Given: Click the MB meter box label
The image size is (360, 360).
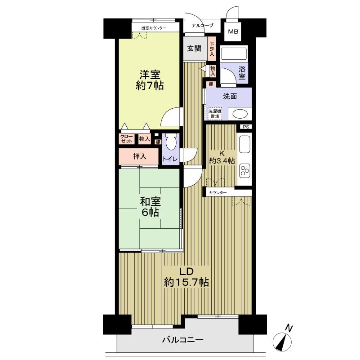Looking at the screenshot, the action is click(233, 31).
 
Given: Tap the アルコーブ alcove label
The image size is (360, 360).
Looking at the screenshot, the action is click(202, 26).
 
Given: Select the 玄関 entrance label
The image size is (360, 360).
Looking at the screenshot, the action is click(194, 49).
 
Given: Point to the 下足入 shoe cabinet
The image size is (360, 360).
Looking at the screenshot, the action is click(212, 49).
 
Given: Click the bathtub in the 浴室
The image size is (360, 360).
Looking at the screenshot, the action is click(234, 54).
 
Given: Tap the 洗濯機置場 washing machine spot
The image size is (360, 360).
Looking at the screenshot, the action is click(215, 114).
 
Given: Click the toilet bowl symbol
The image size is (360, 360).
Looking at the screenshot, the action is click(171, 142).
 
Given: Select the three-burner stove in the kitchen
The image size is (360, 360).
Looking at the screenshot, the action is click(244, 171).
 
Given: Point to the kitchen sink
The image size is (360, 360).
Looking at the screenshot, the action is click(244, 144).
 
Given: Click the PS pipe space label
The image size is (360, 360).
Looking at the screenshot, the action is click(246, 127).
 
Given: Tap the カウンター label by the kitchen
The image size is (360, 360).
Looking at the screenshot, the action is click(218, 193).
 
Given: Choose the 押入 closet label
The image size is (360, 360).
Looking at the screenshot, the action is click(140, 156).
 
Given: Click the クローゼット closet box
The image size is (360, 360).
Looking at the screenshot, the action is click(127, 139).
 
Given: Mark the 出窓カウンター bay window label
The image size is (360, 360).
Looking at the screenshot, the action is click(154, 28).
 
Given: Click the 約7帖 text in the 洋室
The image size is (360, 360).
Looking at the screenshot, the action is click(150, 86).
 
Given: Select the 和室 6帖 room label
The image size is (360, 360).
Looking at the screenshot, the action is click(151, 207).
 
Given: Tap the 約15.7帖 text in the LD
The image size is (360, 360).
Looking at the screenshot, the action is click(186, 282).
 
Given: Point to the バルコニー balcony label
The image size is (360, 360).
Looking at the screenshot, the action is click(183, 340).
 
